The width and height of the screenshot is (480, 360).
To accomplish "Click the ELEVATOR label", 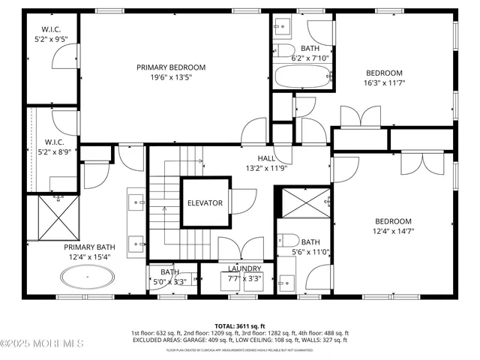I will tap(205, 202).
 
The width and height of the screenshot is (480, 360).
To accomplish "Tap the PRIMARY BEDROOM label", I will tap(171, 67).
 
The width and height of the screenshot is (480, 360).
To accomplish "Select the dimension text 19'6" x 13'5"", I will tap(171, 76).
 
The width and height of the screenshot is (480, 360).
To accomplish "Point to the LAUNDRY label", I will tap(244, 268).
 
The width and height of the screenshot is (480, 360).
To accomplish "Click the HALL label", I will tap(266, 158).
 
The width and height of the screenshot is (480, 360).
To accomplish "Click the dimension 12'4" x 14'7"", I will tap(394, 231).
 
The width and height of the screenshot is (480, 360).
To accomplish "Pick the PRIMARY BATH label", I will tap(88, 247).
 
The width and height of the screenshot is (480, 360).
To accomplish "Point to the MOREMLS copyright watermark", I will tap(42, 344).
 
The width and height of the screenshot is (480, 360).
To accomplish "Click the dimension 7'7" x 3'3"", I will tap(244, 278).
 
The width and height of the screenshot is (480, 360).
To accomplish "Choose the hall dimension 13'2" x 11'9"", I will tap(266, 168).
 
